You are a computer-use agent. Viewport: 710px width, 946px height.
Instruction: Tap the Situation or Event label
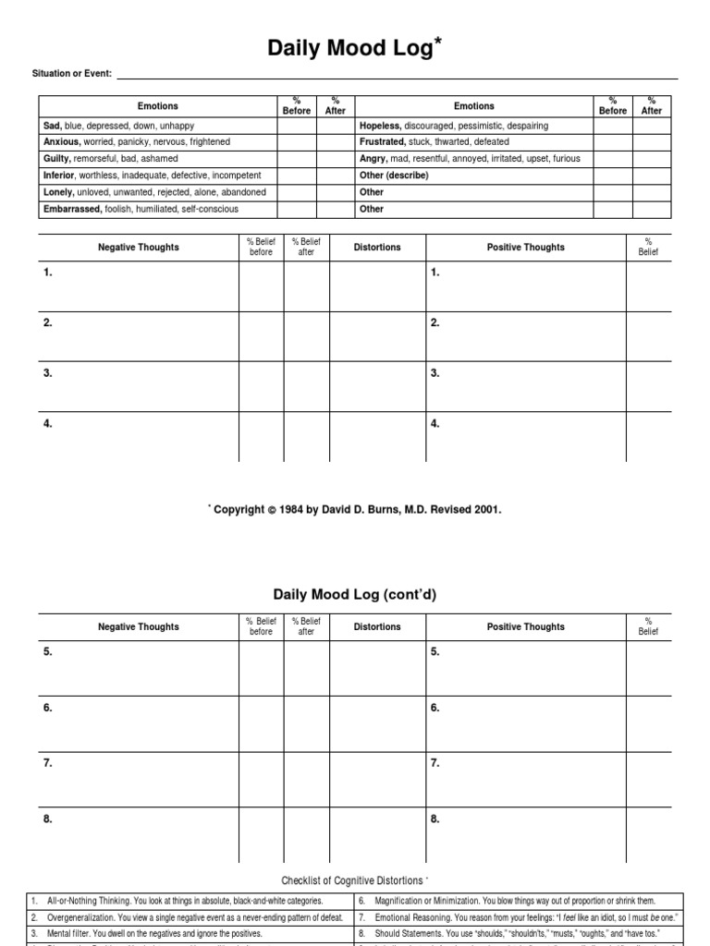pos(71,73)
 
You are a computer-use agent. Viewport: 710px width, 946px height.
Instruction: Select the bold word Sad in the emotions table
pos(52,126)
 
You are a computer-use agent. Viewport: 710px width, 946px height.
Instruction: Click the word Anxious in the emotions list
pos(62,142)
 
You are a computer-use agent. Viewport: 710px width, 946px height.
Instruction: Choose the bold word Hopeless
pos(379,126)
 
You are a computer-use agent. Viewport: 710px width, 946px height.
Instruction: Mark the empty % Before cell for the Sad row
pos(296,126)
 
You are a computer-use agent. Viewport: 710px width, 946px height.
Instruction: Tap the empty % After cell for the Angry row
pos(652,159)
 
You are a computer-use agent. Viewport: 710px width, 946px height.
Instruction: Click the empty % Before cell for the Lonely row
pos(296,192)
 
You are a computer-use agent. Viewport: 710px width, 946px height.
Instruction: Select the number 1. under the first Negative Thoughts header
pos(48,273)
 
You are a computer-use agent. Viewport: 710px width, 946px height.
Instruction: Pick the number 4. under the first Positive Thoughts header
pos(435,423)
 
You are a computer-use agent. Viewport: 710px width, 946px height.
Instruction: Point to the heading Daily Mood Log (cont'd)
pos(354,595)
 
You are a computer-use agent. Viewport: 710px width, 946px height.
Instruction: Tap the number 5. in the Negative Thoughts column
pos(48,652)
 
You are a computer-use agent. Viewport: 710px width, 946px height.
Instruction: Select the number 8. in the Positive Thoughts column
pos(435,819)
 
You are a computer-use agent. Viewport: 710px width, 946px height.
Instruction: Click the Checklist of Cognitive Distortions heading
pos(352,879)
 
